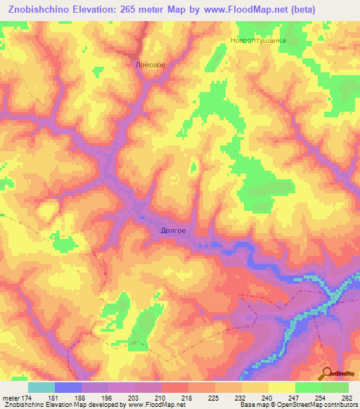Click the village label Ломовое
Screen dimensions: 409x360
click(150, 65)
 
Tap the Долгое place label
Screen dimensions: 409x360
click(173, 229)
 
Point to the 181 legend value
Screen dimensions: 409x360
click(55, 397)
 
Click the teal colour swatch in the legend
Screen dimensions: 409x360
click(41, 387)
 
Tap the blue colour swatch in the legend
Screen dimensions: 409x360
click(68, 387)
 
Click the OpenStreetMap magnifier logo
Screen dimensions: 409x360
click(327, 372)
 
